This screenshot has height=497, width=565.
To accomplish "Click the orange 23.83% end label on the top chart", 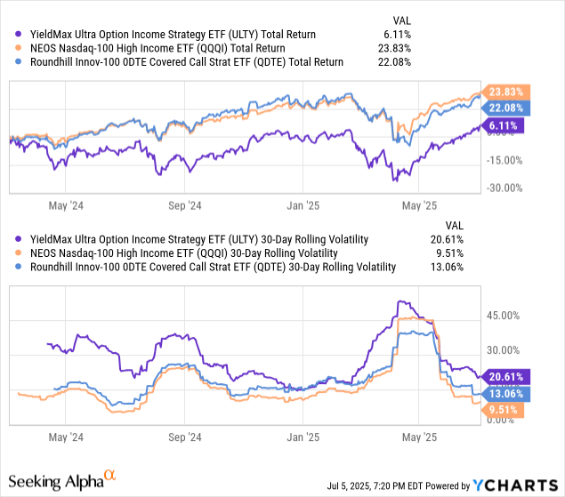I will (503, 91).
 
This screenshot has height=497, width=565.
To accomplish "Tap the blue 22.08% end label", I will (503, 108).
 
